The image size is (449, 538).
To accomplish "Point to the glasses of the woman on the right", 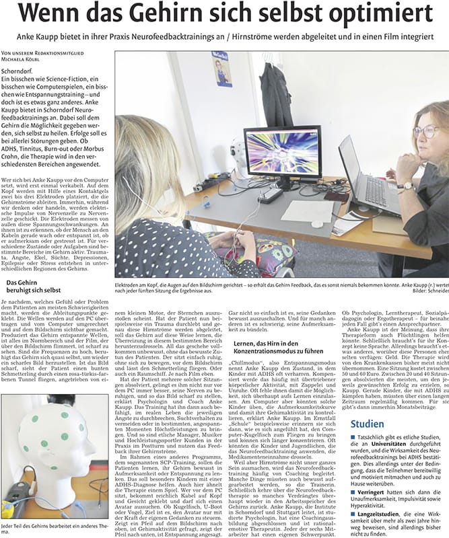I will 425,130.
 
